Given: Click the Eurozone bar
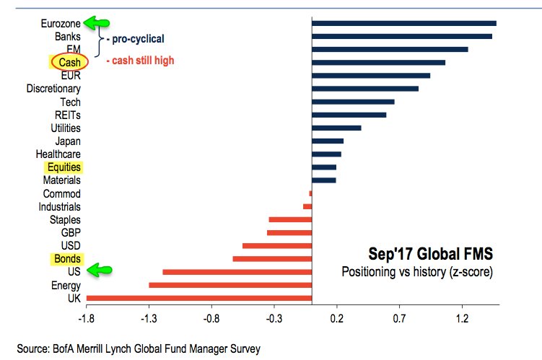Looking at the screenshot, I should (x=403, y=23).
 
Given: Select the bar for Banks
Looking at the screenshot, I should (x=401, y=36).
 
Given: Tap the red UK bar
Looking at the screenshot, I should (x=198, y=297).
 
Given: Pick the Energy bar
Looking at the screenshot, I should (x=230, y=285).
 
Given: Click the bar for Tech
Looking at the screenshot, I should (x=353, y=102).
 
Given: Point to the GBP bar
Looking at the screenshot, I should (x=289, y=232).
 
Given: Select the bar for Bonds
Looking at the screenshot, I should (x=272, y=258).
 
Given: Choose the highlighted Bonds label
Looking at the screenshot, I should (x=66, y=258).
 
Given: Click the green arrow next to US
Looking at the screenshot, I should (x=100, y=271).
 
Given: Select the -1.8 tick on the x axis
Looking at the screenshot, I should (x=87, y=316).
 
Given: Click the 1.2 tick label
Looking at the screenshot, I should (x=462, y=316).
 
